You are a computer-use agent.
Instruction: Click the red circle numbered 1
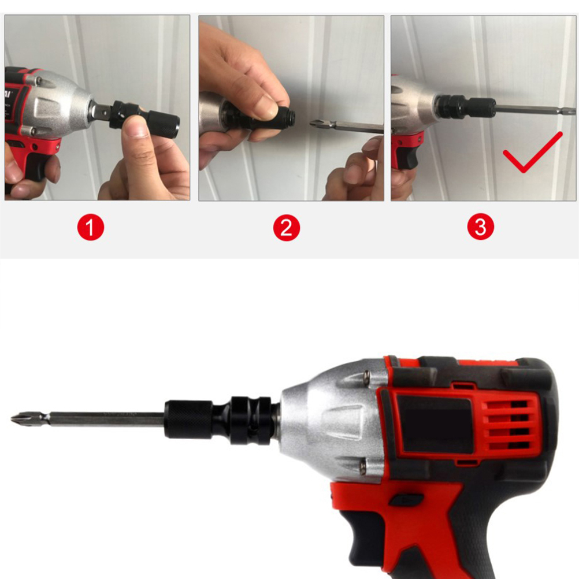tap(91, 227)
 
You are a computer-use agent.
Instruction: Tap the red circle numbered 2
tap(287, 228)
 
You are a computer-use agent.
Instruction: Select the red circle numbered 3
tap(480, 227)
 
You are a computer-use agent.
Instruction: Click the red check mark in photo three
tap(532, 152)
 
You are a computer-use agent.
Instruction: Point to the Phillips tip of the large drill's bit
tap(18, 419)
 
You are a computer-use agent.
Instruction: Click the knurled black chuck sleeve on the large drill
tap(188, 419)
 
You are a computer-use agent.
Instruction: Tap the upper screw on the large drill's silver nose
tap(367, 376)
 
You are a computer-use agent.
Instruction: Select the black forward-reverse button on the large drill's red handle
tap(406, 500)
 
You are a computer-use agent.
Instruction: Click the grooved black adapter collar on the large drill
tap(251, 420)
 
